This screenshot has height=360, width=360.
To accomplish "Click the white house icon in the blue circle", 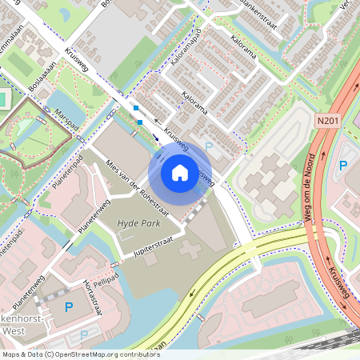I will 180,172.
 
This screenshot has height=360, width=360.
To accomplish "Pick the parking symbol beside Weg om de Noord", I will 343,166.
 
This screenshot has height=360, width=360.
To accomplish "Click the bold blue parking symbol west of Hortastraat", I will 68,306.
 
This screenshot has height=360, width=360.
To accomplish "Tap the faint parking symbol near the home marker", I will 210,146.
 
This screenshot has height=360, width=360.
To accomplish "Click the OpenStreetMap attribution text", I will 80,354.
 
